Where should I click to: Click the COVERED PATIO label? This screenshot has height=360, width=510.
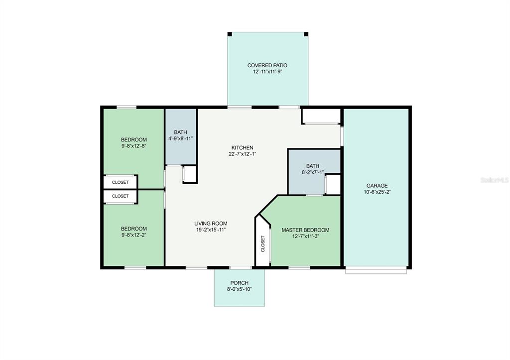click(267, 65)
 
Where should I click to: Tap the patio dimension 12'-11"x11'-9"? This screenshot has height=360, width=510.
click(267, 72)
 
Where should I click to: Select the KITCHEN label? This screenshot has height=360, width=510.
click(243, 148)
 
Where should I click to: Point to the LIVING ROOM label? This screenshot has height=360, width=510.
click(211, 224)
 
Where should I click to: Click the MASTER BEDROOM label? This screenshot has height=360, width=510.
click(305, 230)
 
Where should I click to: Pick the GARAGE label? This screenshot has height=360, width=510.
click(377, 186)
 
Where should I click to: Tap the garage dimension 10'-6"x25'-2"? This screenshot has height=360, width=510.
click(377, 192)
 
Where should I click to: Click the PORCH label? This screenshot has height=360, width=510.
click(240, 283)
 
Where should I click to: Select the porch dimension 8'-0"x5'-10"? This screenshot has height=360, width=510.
click(240, 289)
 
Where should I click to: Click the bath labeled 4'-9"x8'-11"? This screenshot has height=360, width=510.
click(180, 135)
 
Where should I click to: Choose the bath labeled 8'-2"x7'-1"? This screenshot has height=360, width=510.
click(313, 169)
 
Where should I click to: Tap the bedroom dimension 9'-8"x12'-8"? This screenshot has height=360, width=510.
click(133, 146)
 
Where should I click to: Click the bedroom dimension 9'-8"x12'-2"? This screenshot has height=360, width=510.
click(133, 235)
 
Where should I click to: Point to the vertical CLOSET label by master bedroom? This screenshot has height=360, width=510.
click(263, 243)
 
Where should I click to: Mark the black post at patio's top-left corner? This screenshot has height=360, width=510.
click(230, 34)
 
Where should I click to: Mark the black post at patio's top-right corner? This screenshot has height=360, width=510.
click(306, 34)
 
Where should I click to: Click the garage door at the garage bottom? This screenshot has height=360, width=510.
click(376, 270)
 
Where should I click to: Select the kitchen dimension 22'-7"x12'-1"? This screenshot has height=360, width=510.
click(243, 154)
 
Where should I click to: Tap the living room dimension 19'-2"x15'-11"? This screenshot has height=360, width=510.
click(211, 230)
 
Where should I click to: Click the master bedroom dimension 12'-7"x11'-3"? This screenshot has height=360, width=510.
click(305, 236)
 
